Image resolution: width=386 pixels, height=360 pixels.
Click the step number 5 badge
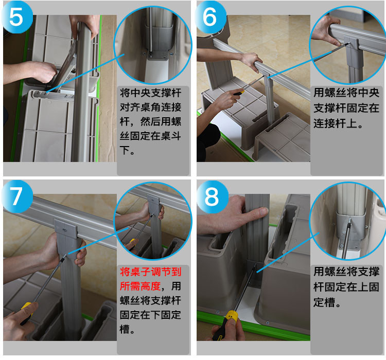click(x=17, y=17)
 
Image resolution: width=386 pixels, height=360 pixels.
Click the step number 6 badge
click(x=210, y=17)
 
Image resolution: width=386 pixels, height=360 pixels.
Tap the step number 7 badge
click(x=17, y=196)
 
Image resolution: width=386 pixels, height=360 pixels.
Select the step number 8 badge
click(x=211, y=196)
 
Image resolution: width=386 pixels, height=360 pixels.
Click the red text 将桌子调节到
click(x=151, y=272)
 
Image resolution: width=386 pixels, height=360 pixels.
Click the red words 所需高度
click(x=141, y=286)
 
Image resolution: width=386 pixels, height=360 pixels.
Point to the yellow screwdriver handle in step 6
click(x=239, y=93)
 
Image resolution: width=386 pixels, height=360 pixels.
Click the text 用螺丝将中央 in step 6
click(x=346, y=93)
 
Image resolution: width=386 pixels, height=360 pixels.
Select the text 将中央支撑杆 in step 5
click(x=151, y=93)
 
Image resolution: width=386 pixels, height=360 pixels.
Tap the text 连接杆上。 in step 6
click(x=338, y=123)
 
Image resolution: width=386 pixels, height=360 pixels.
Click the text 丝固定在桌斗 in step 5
click(x=151, y=136)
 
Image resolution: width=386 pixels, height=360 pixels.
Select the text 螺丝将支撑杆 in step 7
click(x=151, y=300)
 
